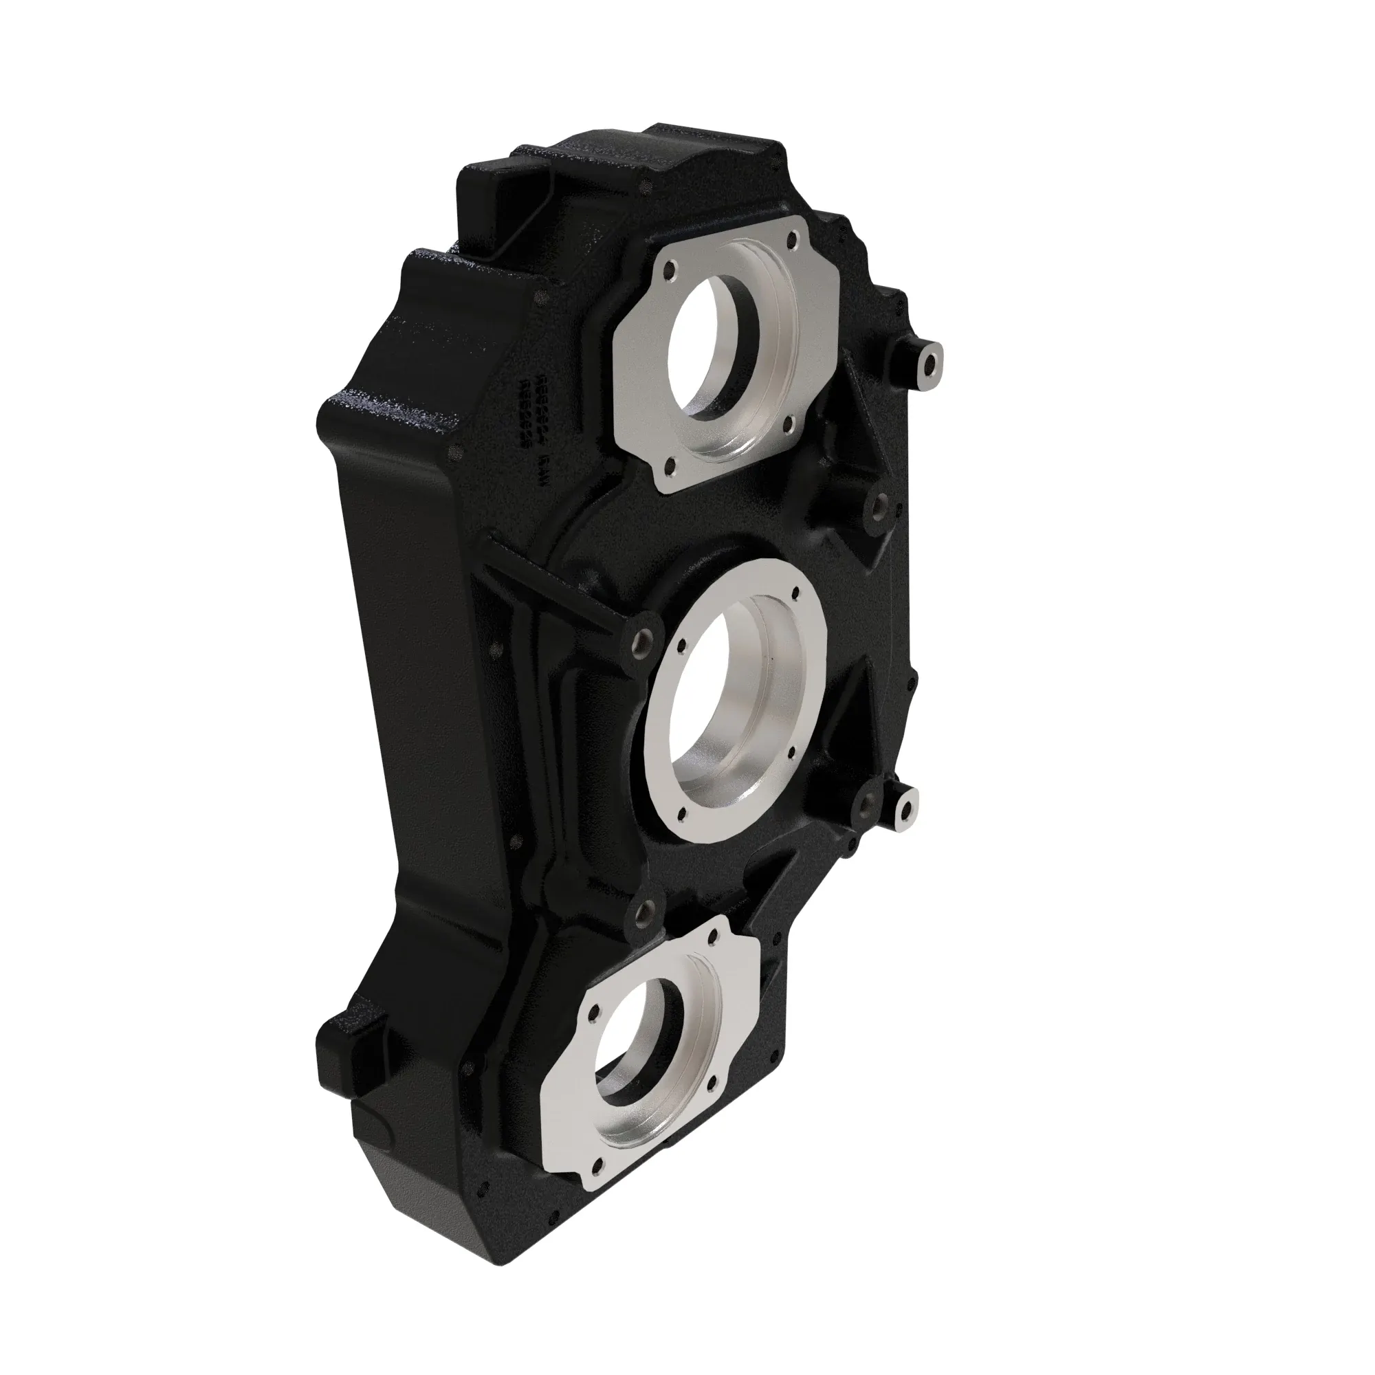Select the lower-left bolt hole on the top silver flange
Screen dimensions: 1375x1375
(668, 467)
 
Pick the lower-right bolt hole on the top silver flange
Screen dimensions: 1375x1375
(788, 427)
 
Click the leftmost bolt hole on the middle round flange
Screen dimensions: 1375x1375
(681, 644)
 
